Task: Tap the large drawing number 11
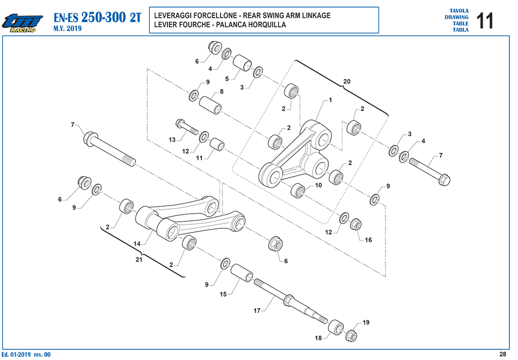point(485,21)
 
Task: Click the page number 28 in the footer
point(502,354)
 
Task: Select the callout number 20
point(347,82)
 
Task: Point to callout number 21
point(139,260)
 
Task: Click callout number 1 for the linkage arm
point(330,100)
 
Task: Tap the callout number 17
point(256,310)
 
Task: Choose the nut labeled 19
point(352,336)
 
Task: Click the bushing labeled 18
point(336,327)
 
